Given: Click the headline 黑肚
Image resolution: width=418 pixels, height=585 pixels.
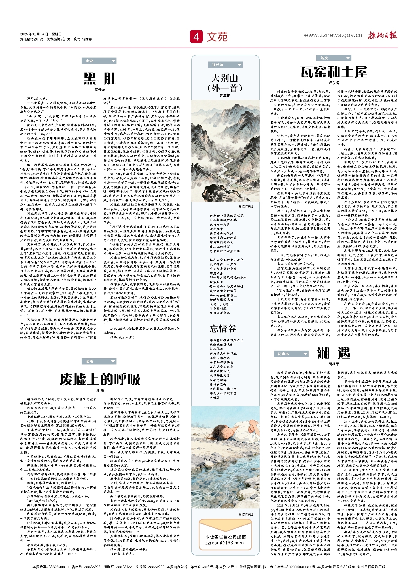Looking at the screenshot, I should coord(100,79).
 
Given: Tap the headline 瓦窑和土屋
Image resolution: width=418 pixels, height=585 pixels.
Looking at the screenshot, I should coord(334,72).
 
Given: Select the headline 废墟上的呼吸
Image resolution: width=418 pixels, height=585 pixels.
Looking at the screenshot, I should coord(100,380).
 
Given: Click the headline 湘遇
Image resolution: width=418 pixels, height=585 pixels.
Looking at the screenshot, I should coord(334,353).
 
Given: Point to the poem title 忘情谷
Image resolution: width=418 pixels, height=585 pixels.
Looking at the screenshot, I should coord(223,328).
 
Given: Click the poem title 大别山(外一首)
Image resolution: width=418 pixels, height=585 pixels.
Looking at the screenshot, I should coord(225,83).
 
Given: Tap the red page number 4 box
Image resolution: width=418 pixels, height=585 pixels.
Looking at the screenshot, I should coord(196,37).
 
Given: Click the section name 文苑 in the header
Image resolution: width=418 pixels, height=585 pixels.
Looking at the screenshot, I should coord(217,37).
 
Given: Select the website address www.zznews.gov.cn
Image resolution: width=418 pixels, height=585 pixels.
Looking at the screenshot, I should coord(333,35).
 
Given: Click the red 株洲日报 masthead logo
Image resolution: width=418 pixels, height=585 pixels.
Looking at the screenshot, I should coord(383,35).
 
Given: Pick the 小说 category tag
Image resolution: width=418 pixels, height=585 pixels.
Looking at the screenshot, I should coord(99,61).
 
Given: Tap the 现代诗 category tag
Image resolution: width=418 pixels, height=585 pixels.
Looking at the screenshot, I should coord(225,65).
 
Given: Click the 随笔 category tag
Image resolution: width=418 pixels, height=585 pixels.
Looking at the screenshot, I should coord(99,361).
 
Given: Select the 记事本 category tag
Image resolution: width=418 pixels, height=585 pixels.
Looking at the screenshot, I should coord(291,354).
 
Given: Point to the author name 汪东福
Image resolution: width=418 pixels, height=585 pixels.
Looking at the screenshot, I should coord(334,83).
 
